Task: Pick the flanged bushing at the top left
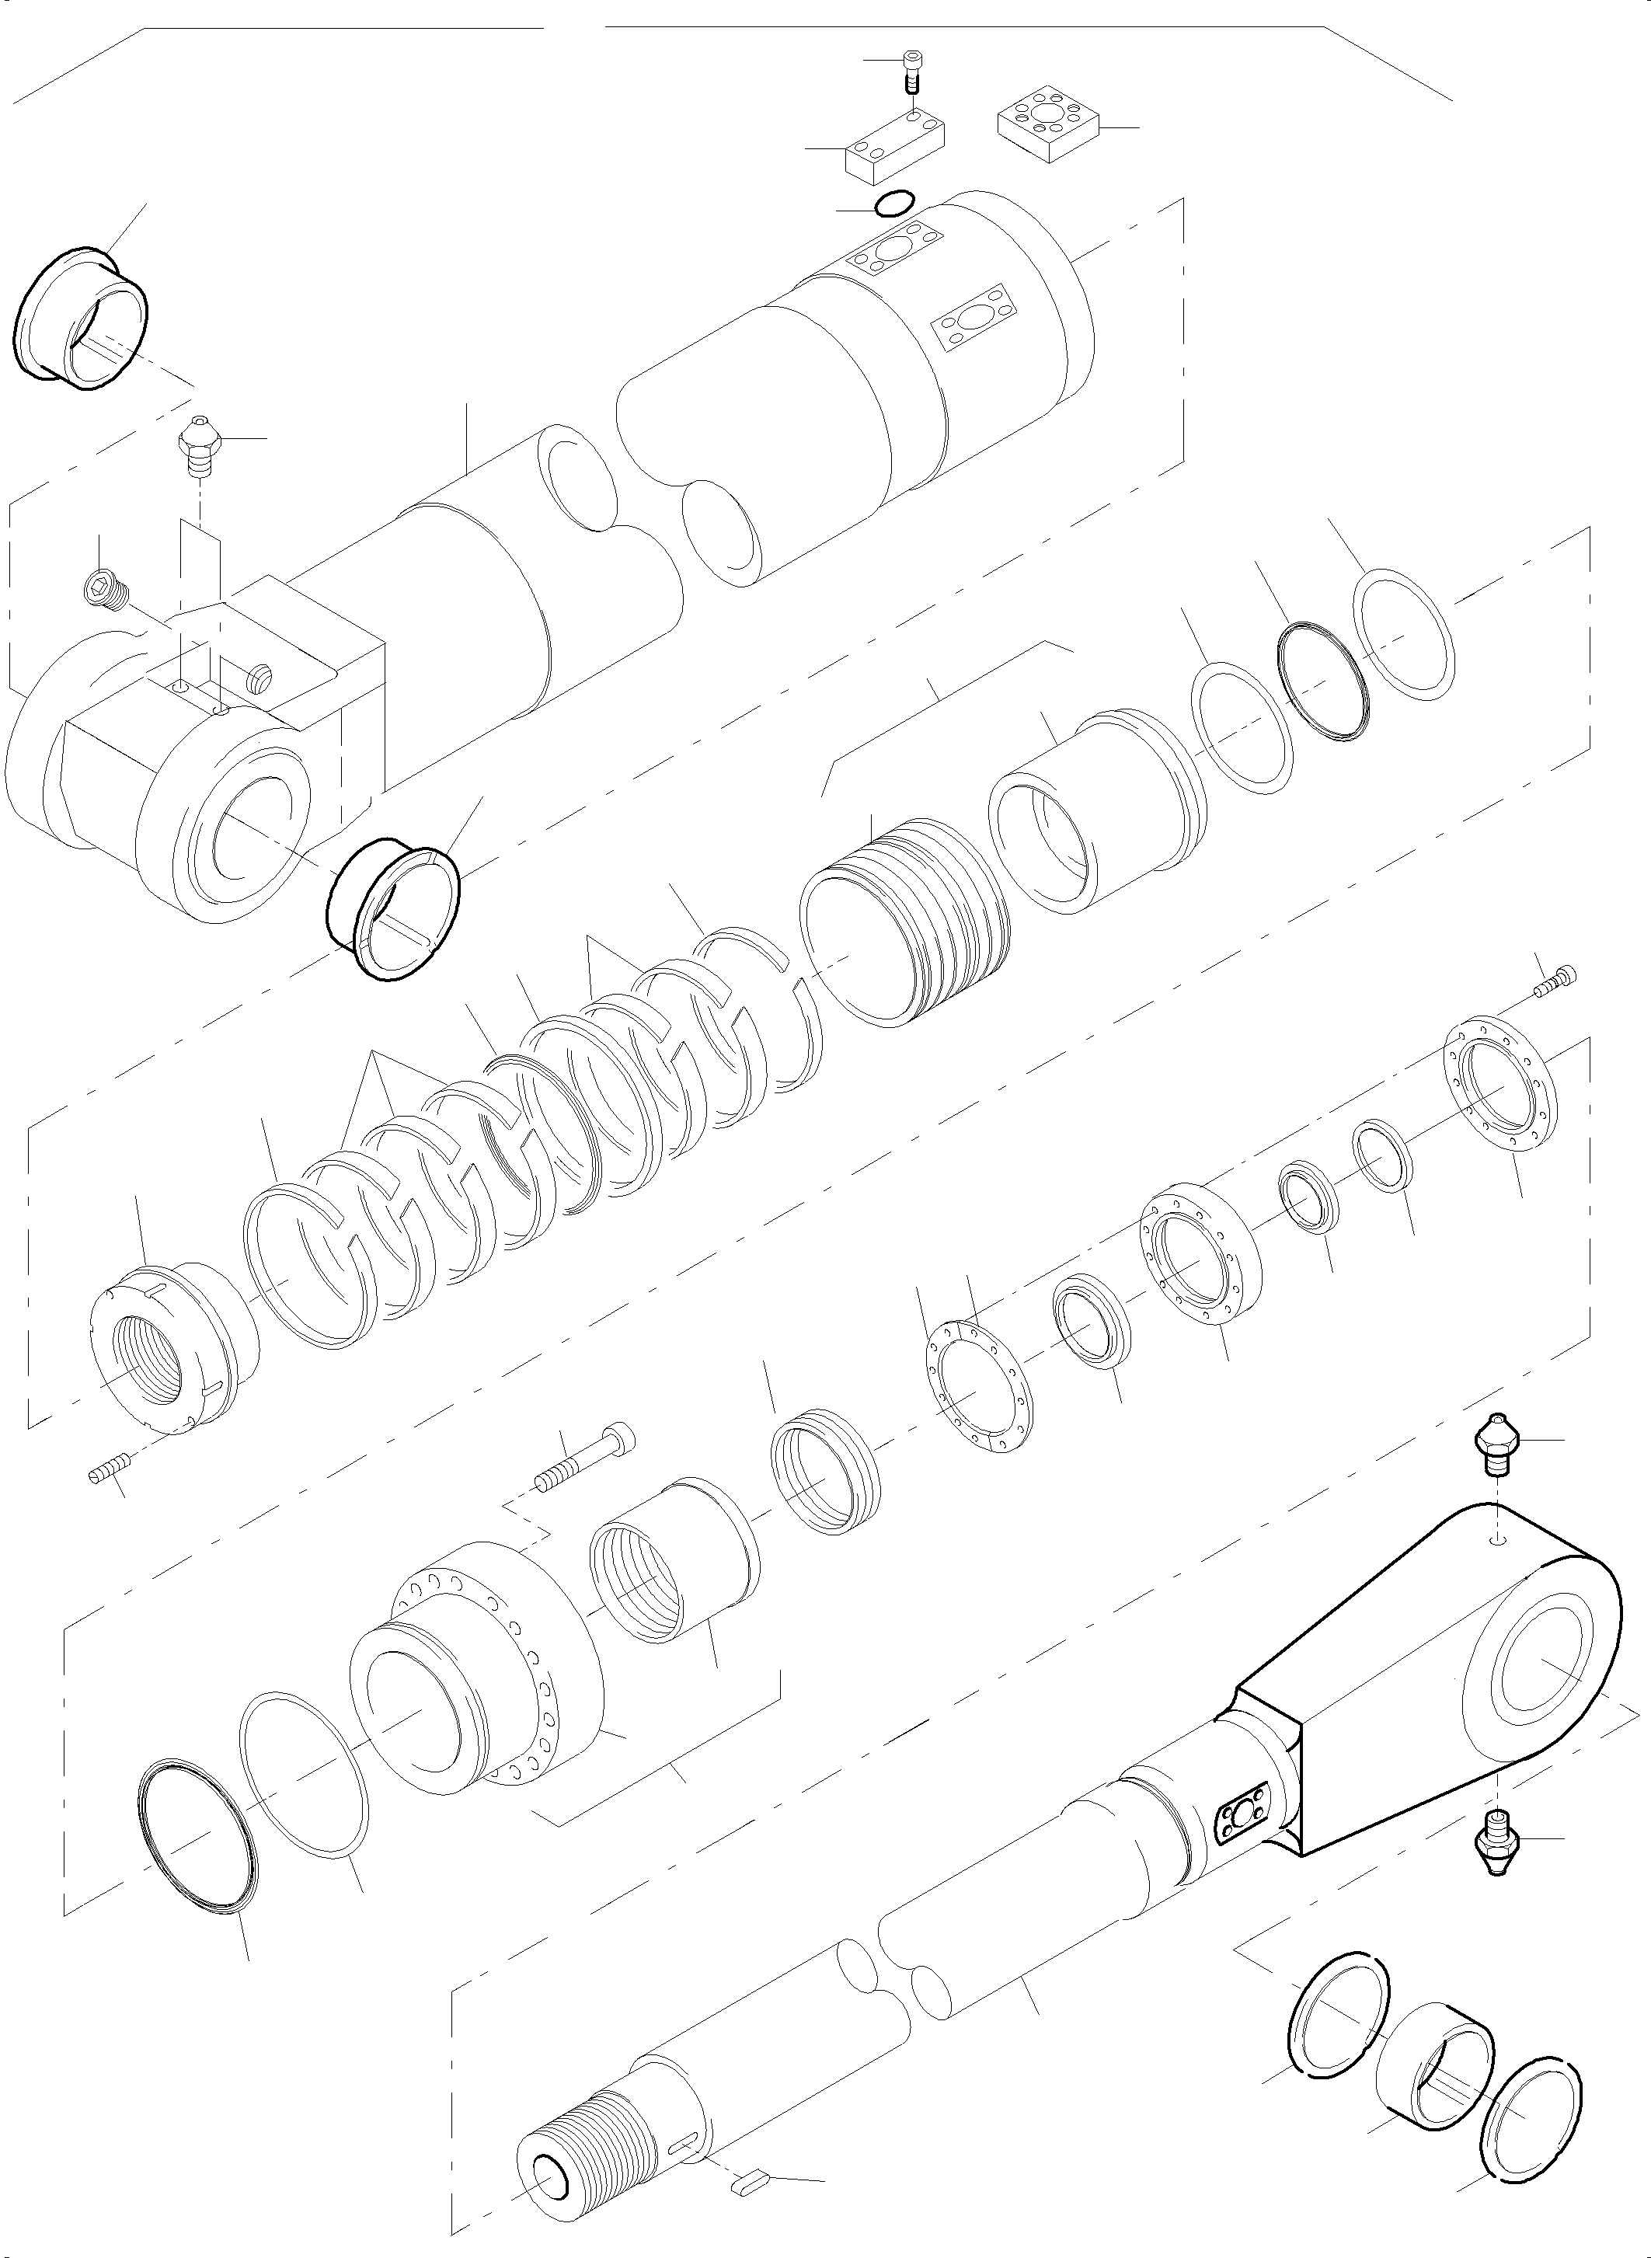pos(83,315)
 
